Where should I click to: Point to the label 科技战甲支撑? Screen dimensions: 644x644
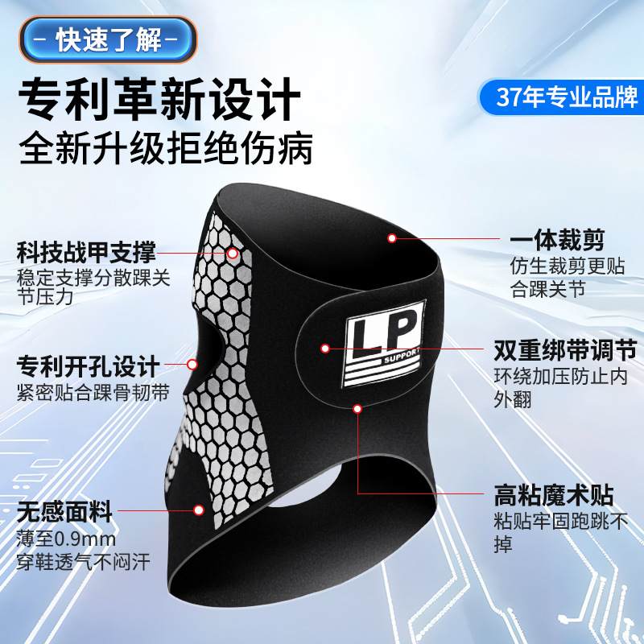pyautogui.click(x=86, y=251)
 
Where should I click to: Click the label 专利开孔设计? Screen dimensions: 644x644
pyautogui.click(x=88, y=369)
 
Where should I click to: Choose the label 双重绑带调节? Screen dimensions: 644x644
pyautogui.click(x=564, y=351)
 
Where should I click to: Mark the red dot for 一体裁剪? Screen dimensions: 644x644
pyautogui.click(x=392, y=238)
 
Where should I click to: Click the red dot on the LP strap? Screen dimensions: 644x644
pyautogui.click(x=325, y=349)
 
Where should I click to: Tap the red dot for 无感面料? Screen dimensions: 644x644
pyautogui.click(x=198, y=510)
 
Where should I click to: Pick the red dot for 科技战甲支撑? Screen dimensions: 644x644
pyautogui.click(x=233, y=253)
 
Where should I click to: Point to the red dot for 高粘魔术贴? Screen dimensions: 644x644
pyautogui.click(x=357, y=409)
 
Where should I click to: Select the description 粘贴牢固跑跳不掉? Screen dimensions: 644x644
pyautogui.click(x=559, y=532)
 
